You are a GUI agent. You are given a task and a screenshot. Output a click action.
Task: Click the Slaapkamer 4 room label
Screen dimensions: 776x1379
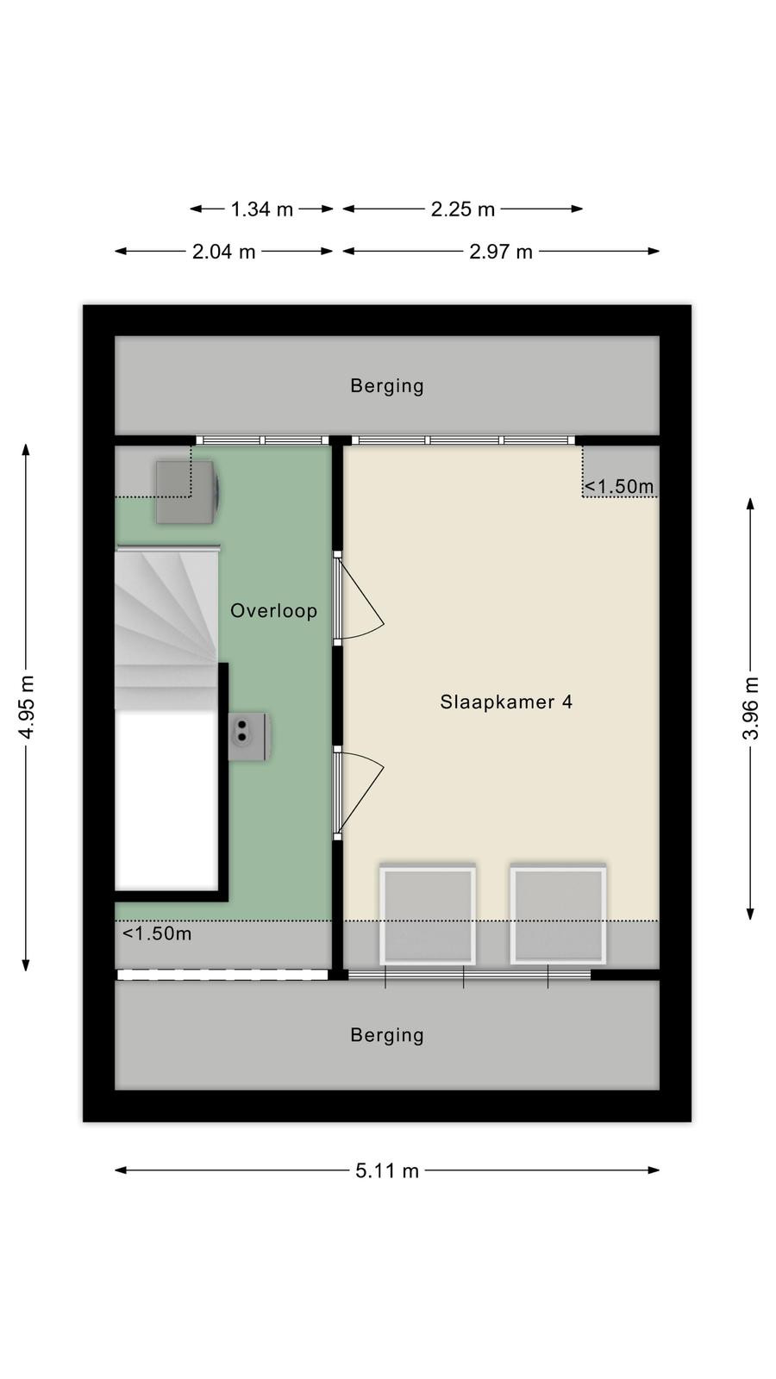506,702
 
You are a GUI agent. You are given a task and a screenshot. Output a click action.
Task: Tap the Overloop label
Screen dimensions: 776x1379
274,611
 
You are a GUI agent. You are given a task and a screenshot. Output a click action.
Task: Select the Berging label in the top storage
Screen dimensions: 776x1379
387,386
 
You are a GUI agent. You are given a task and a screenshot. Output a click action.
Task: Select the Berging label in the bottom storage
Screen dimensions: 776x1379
387,1035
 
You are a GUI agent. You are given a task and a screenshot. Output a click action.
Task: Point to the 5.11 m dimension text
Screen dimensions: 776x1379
387,1170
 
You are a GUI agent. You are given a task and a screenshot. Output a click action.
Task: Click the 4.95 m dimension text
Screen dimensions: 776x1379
27,707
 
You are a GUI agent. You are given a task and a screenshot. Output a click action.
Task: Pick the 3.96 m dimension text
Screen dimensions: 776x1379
751,708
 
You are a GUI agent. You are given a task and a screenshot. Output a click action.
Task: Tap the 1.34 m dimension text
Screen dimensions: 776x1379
262,209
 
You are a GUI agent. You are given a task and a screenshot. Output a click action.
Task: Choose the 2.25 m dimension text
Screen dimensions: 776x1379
462,209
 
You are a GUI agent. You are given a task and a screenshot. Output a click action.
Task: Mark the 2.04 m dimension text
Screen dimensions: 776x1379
223,252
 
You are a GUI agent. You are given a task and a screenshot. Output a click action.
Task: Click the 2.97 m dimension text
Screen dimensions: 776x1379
501,252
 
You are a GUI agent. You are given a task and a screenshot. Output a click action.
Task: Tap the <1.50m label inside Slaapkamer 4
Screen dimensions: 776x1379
619,486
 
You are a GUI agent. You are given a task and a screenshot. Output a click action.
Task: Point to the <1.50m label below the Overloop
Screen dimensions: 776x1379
157,934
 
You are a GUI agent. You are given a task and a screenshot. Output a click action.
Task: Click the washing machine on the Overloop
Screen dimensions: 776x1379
188,492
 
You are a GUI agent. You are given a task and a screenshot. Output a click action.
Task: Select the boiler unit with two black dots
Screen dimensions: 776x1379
248,736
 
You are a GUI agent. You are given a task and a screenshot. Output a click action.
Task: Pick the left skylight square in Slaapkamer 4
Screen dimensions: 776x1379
428,915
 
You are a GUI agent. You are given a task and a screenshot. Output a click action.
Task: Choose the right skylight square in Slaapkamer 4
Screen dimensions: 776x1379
558,915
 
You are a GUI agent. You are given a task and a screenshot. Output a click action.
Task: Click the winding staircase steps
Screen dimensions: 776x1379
166,628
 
